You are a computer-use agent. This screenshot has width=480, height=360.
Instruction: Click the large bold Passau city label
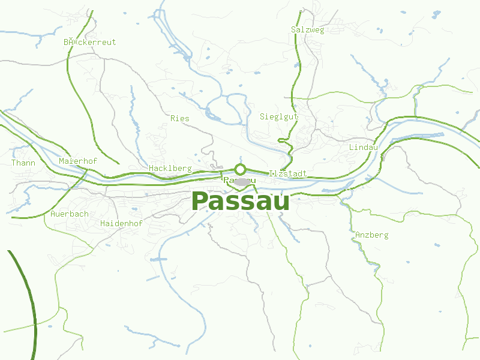coord(240,202)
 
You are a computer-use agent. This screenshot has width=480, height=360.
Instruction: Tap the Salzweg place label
coord(307,30)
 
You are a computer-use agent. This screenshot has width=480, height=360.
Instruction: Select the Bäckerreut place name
coord(89,43)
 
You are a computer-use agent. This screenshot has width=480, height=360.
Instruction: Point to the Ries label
coord(179,118)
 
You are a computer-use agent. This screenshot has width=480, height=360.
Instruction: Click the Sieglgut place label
coord(279,116)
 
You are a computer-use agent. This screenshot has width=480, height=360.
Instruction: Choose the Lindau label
coord(363,147)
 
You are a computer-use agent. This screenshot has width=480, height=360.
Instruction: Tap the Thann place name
coord(23,163)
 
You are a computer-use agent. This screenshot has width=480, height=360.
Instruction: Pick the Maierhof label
coord(78,161)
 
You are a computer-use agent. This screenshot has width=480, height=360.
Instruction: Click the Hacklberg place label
coord(170,169)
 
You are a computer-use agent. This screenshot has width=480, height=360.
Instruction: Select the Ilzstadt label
coord(288,173)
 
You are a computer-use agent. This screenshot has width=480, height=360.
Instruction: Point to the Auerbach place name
coord(70,214)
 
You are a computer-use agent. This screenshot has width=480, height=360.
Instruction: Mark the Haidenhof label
coord(121,223)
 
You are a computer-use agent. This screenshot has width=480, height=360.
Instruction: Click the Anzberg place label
coord(371,235)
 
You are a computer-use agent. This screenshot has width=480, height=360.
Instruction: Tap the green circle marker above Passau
coord(241,169)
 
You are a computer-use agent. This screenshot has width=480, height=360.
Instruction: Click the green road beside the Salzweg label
coord(296,54)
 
